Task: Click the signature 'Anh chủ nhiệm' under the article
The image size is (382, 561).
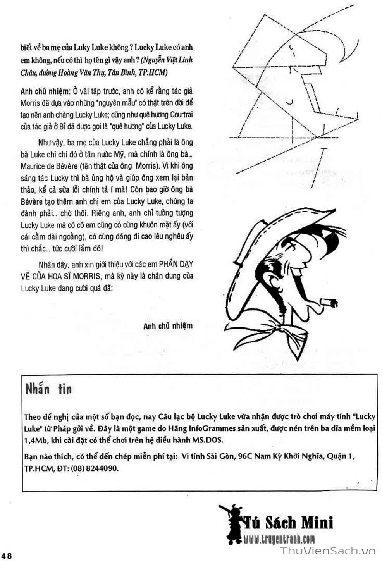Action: point(168,326)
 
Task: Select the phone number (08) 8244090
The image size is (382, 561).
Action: point(95,468)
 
